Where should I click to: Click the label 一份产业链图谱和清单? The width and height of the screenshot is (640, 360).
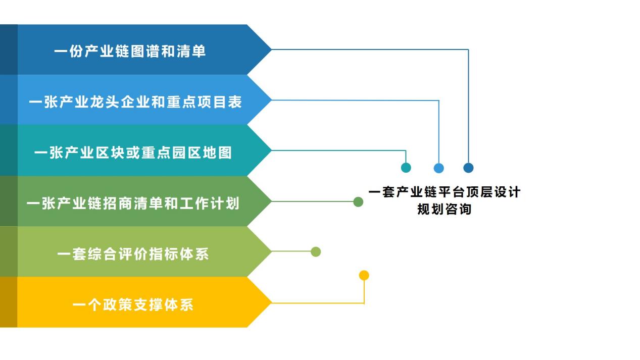coord(130,52)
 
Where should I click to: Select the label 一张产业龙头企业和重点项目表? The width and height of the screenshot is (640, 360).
coord(135,102)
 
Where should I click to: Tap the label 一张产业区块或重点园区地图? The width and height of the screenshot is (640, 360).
coord(133,152)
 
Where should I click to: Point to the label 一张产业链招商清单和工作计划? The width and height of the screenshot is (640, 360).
coord(133,203)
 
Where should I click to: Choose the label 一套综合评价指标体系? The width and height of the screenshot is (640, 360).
coord(133,254)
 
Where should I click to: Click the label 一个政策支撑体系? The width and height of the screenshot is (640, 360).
coord(133,305)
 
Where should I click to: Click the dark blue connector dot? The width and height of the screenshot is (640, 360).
coord(468,168)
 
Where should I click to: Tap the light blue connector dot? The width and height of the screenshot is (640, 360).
coord(438,168)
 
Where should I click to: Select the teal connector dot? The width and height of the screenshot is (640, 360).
coord(406,168)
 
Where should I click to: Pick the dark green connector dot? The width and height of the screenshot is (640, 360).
coord(358,202)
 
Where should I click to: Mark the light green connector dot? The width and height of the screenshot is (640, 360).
coord(316,251)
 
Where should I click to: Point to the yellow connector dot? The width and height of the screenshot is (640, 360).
coord(364,275)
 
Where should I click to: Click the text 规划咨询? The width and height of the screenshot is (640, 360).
coord(444,209)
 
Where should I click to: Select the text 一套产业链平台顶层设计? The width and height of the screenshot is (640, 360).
coord(444,192)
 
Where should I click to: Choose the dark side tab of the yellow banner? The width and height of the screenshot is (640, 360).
coord(9,302)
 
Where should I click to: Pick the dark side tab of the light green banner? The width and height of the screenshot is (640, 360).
coord(9,251)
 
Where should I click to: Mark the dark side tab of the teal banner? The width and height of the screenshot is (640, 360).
coord(9,150)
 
